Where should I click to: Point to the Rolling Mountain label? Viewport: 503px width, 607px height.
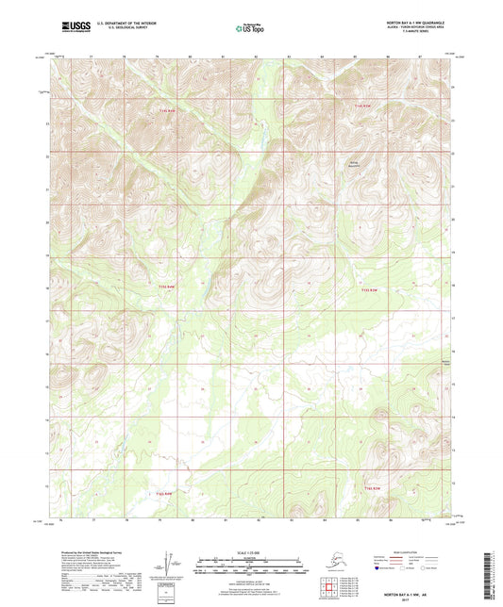point(355,163)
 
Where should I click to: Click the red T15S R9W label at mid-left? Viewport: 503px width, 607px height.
point(165,285)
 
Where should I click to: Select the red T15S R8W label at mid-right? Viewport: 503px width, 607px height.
point(371,289)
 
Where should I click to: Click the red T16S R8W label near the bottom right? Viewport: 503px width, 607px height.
point(372,487)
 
